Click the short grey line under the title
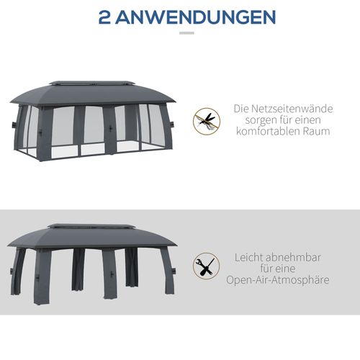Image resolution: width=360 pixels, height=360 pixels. tap(186, 33)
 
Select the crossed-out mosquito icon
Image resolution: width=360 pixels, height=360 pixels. tap(206, 120)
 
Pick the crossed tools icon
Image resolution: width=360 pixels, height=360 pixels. tap(206, 266)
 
